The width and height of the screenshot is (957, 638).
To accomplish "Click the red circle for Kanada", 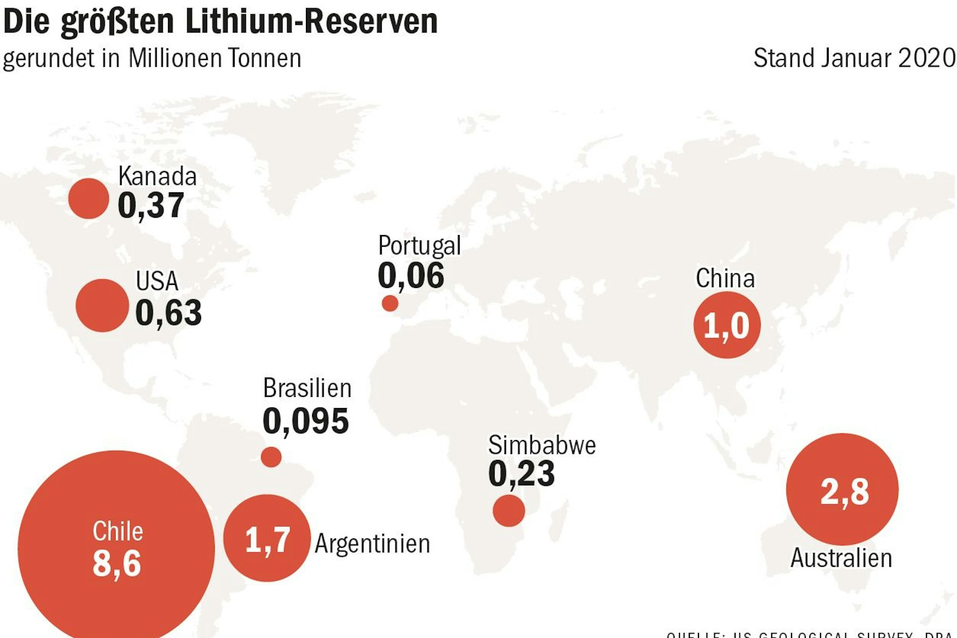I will coord(89,198).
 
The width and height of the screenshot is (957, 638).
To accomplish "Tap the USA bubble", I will coord(102,305).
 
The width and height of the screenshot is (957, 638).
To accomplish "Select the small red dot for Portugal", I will coord(390,303).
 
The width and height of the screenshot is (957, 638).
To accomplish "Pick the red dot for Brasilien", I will coord(271,457).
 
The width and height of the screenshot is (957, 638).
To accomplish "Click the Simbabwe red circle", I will coord(509,510).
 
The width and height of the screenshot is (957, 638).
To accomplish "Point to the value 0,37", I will coord(151,206).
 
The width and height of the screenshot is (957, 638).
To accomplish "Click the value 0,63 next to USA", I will coord(168,312).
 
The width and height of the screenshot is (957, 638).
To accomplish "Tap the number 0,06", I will coord(411,276).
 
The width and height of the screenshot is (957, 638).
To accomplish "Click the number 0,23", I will coord(521,474).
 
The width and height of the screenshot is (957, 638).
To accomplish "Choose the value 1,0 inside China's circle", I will coord(726,326).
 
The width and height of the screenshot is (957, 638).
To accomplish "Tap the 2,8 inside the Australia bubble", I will coord(845,491).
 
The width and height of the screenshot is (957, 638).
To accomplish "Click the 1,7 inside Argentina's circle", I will coord(267,540).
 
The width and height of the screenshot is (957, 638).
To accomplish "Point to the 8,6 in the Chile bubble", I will coord(117,563).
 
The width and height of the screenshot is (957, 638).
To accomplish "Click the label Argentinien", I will coord(372,543).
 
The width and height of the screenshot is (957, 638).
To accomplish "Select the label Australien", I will coord(841,558).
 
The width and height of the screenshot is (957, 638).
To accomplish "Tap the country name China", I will coord(725,278).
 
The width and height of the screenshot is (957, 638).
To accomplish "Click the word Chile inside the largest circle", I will coord(118,531).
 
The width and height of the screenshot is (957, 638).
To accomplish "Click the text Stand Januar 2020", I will coord(854,58).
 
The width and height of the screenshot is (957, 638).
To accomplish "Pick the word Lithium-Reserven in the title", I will coord(311,21).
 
